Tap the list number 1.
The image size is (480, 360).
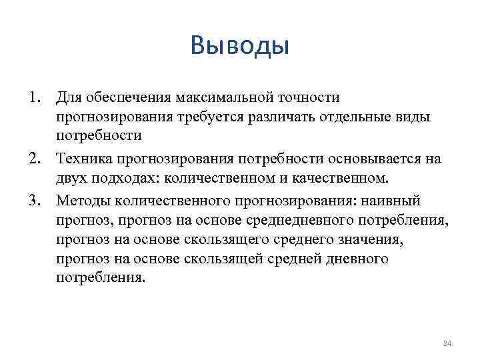coord(33,98)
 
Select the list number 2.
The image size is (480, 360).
coord(33,159)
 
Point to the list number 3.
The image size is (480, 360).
coord(33,200)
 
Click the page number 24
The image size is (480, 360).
coord(447,343)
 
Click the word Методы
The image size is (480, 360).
coord(82,200)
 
